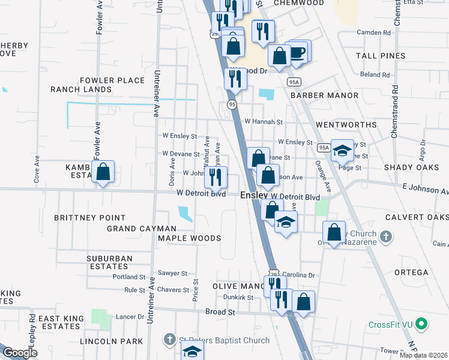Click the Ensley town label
[x=255, y=196]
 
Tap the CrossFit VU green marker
[x=423, y=325]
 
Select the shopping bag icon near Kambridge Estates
[x=103, y=172]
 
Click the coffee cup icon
[x=298, y=52]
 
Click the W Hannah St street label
[x=264, y=121]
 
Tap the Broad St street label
[x=218, y=313]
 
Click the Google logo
[x=20, y=353]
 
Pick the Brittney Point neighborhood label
[x=90, y=218]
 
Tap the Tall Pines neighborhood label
[x=380, y=56]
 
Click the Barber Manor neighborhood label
[x=320, y=95]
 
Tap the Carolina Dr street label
[x=298, y=275]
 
